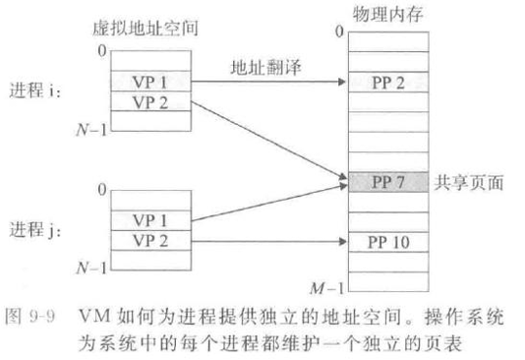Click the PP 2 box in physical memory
coord(388,82)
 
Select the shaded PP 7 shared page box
coord(388,182)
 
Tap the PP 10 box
coord(388,242)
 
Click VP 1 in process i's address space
coord(151,82)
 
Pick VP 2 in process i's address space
coord(151,101)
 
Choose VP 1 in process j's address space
coord(151,220)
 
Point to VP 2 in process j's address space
coord(151,241)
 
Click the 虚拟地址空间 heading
coord(146,29)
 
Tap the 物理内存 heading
coord(388,14)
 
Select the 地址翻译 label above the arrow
coord(266,67)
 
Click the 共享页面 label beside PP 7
coord(469,183)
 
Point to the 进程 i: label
coord(34,90)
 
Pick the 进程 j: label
coord(34,230)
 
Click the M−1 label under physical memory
coord(327,288)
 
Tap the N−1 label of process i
coord(91,129)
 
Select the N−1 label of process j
coord(91,268)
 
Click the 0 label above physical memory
coord(339,31)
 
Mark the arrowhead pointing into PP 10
coord(343,241)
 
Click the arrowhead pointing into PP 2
coord(342,82)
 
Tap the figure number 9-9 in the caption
coord(42,316)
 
